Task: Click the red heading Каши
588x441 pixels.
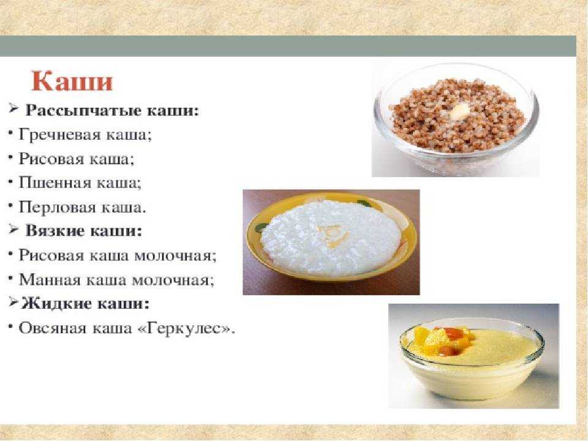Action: click(x=72, y=81)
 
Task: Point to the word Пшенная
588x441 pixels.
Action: click(x=55, y=183)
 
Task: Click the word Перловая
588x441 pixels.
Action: click(x=58, y=207)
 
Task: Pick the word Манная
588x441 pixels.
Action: click(x=50, y=280)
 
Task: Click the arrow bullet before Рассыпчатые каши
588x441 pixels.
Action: click(x=13, y=109)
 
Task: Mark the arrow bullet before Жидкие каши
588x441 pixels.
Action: click(x=13, y=302)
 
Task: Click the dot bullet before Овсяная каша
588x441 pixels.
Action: click(x=10, y=327)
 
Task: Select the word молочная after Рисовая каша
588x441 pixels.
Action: click(x=175, y=256)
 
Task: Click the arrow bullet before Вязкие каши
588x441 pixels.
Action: click(x=13, y=229)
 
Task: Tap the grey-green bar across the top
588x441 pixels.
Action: click(x=288, y=46)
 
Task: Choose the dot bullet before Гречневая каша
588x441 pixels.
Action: click(x=10, y=133)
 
